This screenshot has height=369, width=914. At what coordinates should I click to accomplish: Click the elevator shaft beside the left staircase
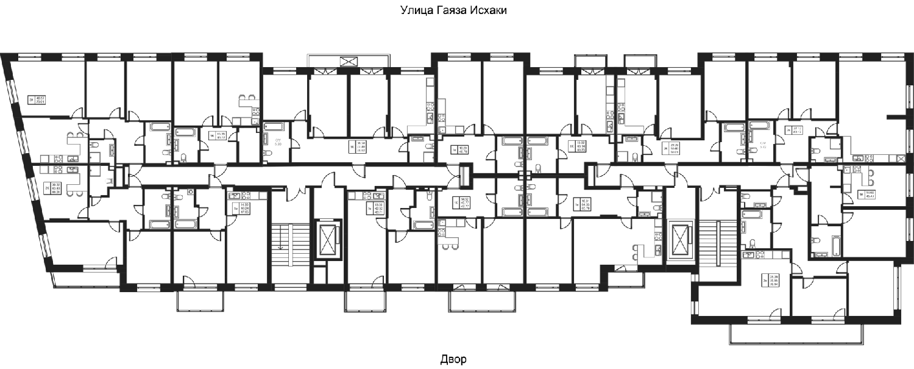coord(327,240)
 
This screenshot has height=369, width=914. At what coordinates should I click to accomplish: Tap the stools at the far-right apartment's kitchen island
coord(871,177)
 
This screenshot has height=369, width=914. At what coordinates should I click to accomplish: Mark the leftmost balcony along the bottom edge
coord(200,301)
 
